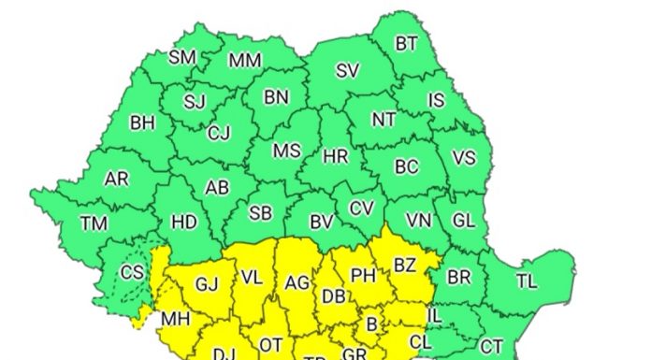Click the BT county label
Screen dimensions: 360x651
(406, 43)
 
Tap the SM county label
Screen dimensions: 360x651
(181, 57)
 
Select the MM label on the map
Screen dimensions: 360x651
(245, 61)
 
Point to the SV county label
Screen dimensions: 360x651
(347, 70)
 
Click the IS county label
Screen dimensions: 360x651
(437, 100)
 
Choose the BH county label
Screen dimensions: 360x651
(142, 122)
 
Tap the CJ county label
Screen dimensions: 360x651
(218, 133)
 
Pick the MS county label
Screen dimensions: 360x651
(285, 151)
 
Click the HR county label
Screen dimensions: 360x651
(335, 156)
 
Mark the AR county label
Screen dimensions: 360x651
(117, 179)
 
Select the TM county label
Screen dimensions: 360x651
(94, 223)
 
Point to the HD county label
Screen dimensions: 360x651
(184, 222)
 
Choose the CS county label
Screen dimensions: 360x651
(133, 273)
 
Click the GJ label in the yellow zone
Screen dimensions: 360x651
(206, 283)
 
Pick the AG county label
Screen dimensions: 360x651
(297, 282)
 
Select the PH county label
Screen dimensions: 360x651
(362, 276)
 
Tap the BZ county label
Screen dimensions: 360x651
(404, 265)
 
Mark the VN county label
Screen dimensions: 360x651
(418, 221)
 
